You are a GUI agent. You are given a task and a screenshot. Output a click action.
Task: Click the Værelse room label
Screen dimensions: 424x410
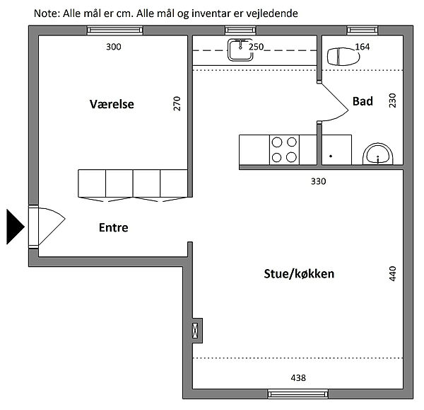click(x=112, y=104)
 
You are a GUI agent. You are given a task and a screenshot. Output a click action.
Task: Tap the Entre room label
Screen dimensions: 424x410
click(x=114, y=227)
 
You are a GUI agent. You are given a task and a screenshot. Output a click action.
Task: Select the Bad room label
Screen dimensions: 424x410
click(x=363, y=101)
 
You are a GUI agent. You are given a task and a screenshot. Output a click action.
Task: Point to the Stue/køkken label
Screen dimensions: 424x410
click(x=299, y=274)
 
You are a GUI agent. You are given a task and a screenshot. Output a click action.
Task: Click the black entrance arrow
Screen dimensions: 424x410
click(x=15, y=227)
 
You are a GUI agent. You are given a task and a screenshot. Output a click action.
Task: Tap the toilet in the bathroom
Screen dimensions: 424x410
click(x=343, y=57)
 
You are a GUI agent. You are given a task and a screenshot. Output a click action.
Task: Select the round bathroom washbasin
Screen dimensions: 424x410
click(x=378, y=154)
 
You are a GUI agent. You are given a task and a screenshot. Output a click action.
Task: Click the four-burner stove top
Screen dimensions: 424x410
click(x=284, y=149)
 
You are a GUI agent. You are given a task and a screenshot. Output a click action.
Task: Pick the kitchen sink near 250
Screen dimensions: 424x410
click(x=240, y=50)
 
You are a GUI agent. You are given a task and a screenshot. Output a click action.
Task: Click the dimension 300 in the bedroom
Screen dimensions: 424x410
click(x=114, y=47)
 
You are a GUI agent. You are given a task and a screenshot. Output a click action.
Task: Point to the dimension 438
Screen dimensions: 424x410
click(x=298, y=377)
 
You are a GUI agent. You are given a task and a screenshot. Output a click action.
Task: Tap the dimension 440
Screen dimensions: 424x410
click(x=393, y=274)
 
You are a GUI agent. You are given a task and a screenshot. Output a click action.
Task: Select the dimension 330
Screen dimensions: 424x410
click(x=318, y=181)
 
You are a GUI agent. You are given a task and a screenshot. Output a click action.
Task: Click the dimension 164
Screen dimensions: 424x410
click(x=362, y=47)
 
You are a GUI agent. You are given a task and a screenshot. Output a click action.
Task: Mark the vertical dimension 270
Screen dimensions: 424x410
click(x=177, y=103)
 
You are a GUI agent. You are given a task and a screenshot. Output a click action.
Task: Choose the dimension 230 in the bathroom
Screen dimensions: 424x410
click(x=393, y=101)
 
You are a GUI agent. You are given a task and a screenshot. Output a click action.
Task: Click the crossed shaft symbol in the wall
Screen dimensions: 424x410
click(x=195, y=331)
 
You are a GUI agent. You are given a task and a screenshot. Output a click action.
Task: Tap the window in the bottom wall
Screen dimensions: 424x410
click(x=298, y=394)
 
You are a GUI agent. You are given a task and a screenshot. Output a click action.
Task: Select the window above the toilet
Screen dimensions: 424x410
click(x=363, y=30)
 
